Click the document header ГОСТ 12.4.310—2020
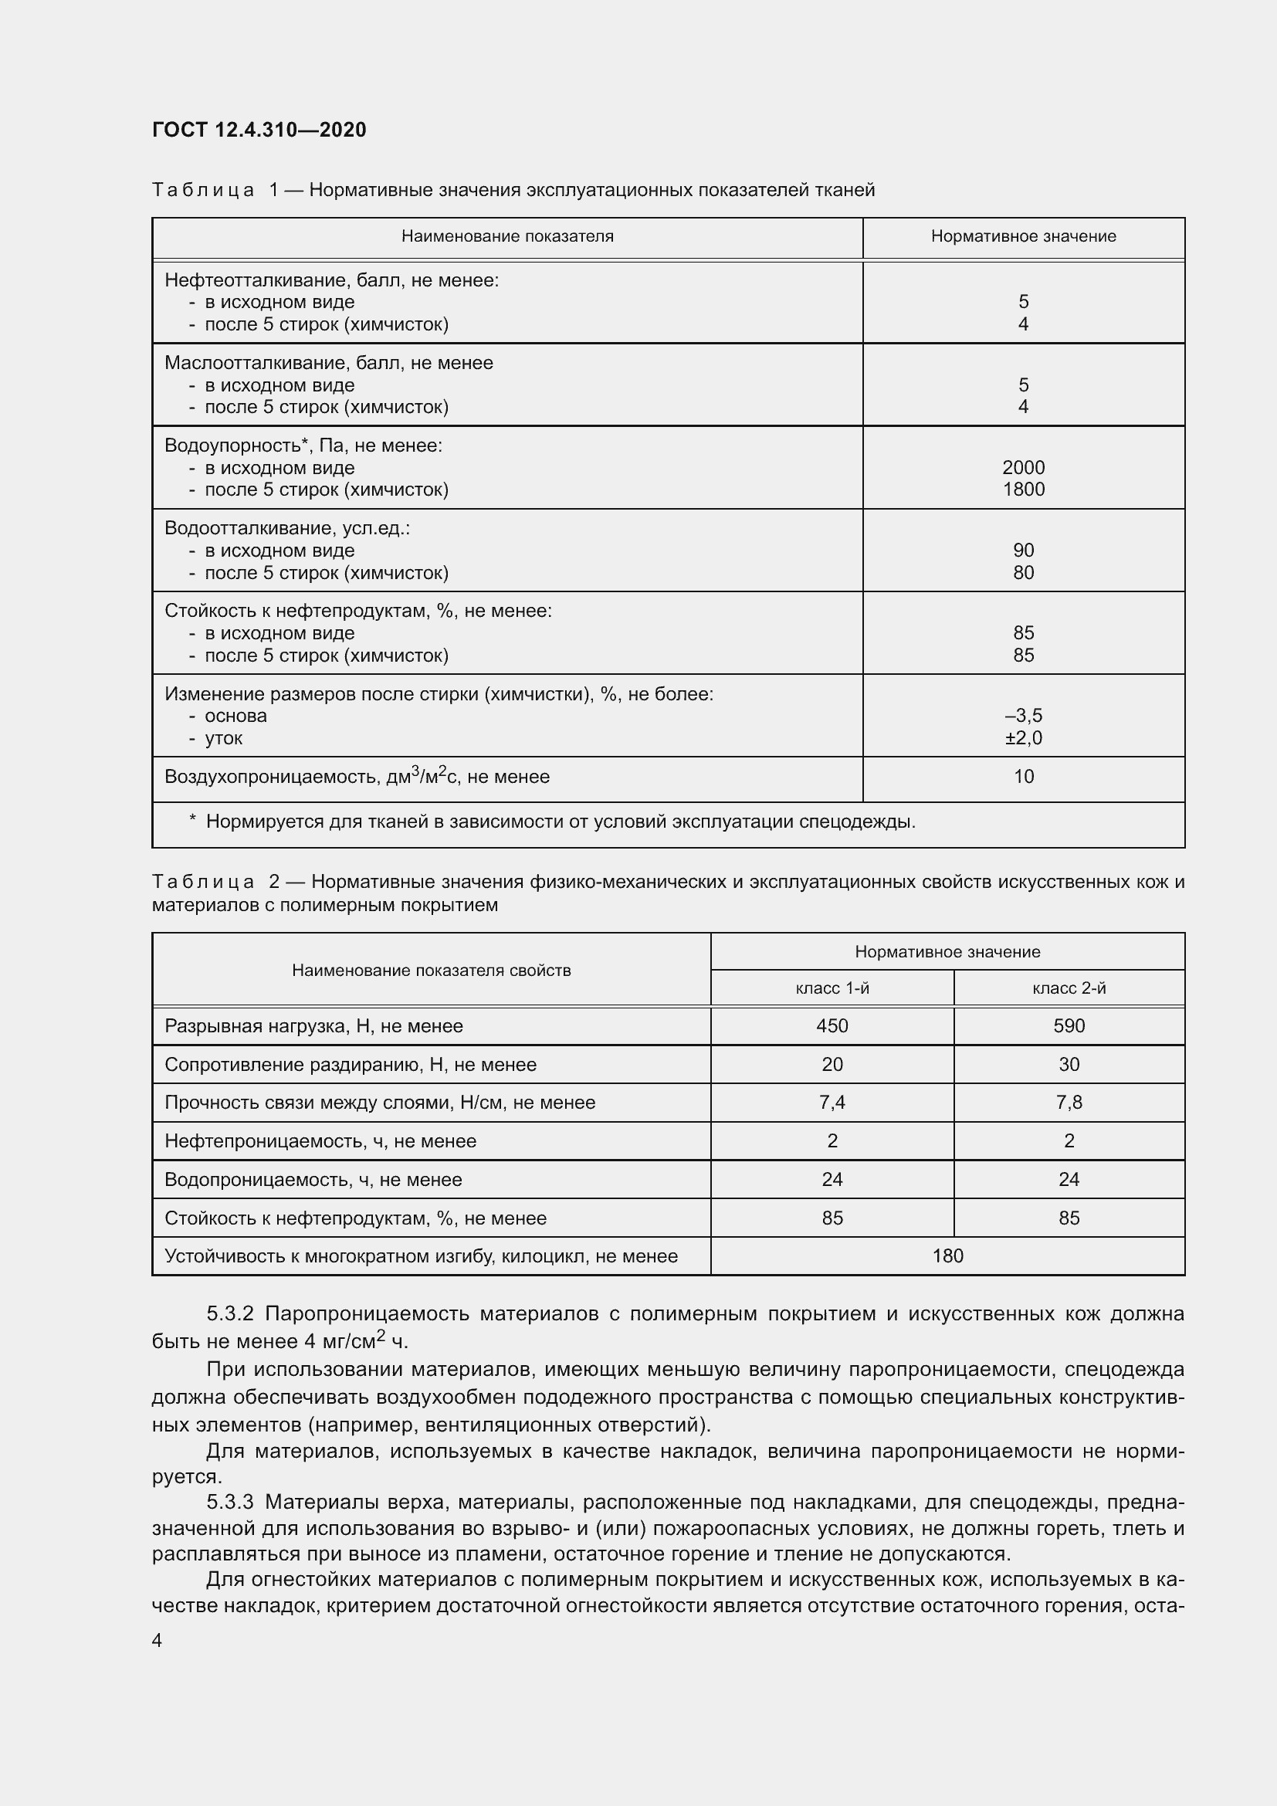pyautogui.click(x=259, y=130)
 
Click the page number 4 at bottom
pyautogui.click(x=158, y=1640)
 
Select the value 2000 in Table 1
pyautogui.click(x=1023, y=467)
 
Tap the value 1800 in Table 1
pyautogui.click(x=1023, y=490)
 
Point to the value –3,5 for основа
pyautogui.click(x=1023, y=716)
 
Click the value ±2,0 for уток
pyautogui.click(x=1023, y=738)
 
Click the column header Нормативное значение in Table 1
pyautogui.click(x=1023, y=236)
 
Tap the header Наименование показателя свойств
pyautogui.click(x=431, y=970)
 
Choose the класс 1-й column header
pyautogui.click(x=832, y=988)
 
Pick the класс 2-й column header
pyautogui.click(x=1069, y=988)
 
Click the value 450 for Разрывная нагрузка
pyautogui.click(x=832, y=1025)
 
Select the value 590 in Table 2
pyautogui.click(x=1069, y=1025)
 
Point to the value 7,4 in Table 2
pyautogui.click(x=832, y=1102)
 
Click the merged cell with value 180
pyautogui.click(x=947, y=1255)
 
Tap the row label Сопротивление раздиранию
pyautogui.click(x=350, y=1064)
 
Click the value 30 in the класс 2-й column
pyautogui.click(x=1069, y=1064)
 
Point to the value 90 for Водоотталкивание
pyautogui.click(x=1023, y=550)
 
